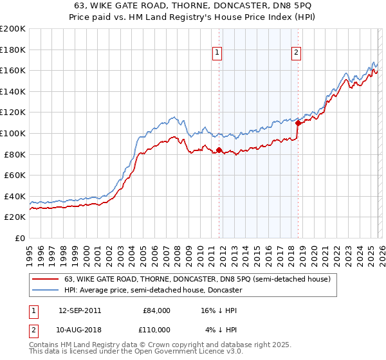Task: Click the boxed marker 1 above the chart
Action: click(x=217, y=53)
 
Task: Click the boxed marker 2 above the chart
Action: click(x=296, y=53)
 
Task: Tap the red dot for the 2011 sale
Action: click(x=219, y=150)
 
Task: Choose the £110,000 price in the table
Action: click(x=156, y=329)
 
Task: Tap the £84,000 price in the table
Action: click(x=156, y=310)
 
